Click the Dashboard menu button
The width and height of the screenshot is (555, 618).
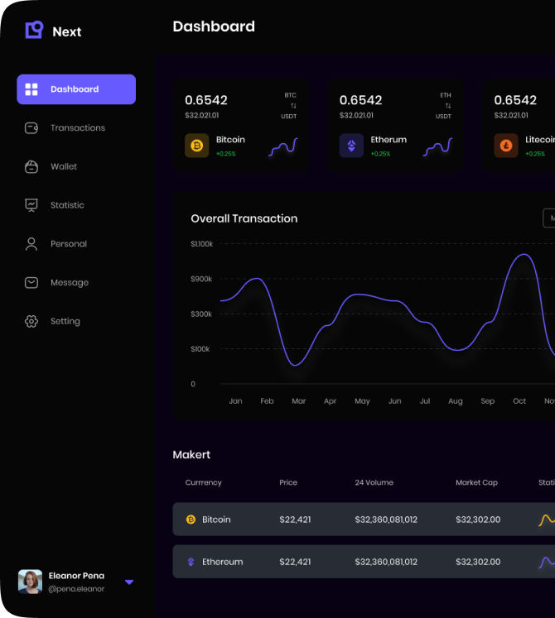75,89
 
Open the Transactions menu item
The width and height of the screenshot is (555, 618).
77,128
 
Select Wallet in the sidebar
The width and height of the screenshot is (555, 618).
63,166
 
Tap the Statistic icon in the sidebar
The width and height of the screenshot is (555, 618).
31,205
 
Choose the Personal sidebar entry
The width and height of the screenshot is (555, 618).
68,244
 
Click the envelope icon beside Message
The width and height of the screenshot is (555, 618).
31,282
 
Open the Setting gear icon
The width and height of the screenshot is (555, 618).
31,321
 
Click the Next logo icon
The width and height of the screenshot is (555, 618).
34,31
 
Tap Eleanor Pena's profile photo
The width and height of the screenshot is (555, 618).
31,582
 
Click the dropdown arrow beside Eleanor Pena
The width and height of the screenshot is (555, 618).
129,582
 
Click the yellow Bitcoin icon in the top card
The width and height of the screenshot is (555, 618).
197,146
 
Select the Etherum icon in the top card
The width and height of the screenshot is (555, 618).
351,146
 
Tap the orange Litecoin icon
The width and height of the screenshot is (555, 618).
506,146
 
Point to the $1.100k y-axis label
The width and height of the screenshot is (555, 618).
202,244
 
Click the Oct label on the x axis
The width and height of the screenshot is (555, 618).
519,401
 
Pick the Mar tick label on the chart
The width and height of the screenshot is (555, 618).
298,401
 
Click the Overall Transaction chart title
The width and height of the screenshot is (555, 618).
244,218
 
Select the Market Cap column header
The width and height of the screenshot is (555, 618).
477,482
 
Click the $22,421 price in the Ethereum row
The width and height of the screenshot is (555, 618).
295,562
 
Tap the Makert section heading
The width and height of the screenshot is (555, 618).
191,454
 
